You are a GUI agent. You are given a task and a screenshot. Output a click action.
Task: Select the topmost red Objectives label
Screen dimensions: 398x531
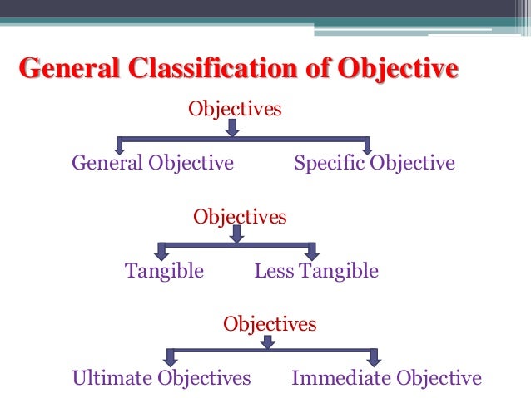(x=235, y=109)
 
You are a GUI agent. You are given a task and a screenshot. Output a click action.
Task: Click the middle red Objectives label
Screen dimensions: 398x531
(x=240, y=217)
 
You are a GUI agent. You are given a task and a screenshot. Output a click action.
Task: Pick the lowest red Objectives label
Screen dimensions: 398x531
(x=270, y=323)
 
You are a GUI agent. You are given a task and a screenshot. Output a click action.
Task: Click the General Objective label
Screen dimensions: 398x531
(x=152, y=163)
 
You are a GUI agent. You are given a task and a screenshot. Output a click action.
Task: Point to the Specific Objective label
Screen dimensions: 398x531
(x=375, y=163)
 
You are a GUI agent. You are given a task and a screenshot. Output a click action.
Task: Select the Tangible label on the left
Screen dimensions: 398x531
(x=164, y=271)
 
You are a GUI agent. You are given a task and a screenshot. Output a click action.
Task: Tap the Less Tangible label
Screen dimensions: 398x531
(x=316, y=271)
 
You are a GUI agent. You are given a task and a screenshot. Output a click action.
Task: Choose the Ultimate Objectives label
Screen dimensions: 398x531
(x=161, y=379)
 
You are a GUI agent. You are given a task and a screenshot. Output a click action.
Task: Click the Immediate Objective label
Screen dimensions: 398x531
(x=386, y=379)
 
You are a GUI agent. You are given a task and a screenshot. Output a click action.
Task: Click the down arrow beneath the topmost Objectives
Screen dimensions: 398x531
(x=233, y=128)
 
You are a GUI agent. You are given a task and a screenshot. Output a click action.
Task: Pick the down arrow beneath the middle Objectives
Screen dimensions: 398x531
(x=237, y=235)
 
